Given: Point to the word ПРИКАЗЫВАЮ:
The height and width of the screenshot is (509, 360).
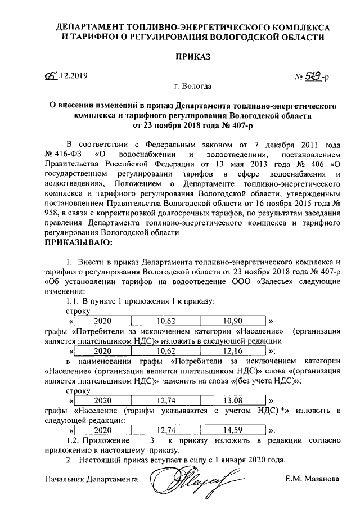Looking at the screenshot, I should [x=78, y=243].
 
